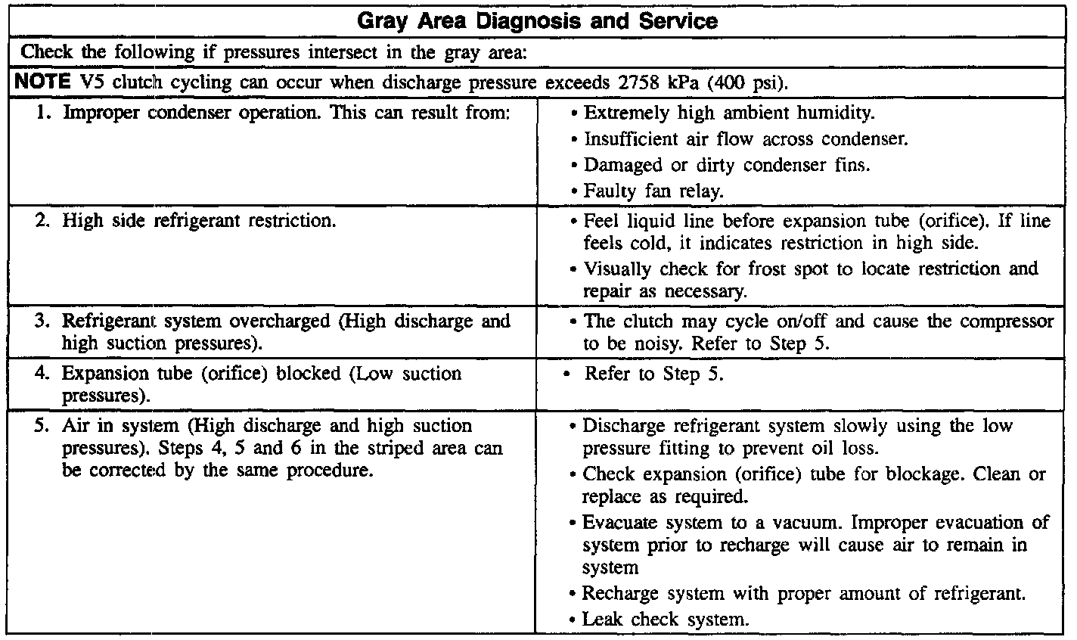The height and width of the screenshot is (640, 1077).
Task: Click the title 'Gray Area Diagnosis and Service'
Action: [537, 20]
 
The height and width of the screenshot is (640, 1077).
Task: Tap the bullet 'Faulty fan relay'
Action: [655, 191]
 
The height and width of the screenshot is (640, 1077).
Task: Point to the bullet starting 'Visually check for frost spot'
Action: [810, 281]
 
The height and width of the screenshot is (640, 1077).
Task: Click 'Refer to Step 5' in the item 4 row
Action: [654, 374]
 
